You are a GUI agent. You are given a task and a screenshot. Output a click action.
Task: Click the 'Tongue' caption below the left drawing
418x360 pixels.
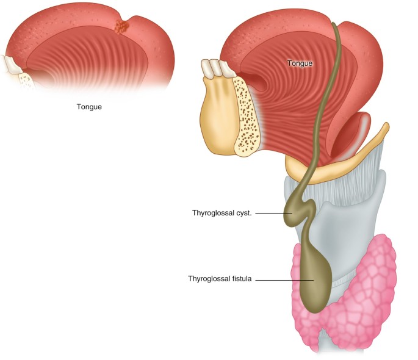pyautogui.click(x=89, y=107)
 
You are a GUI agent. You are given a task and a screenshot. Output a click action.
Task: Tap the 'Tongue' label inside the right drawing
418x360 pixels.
pyautogui.click(x=300, y=63)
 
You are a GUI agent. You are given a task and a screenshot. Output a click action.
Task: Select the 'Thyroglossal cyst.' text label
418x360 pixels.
pyautogui.click(x=222, y=213)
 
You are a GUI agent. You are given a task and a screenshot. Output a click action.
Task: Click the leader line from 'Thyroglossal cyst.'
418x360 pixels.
pyautogui.click(x=272, y=213)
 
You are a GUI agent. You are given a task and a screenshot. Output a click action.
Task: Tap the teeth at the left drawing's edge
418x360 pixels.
pyautogui.click(x=11, y=64)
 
